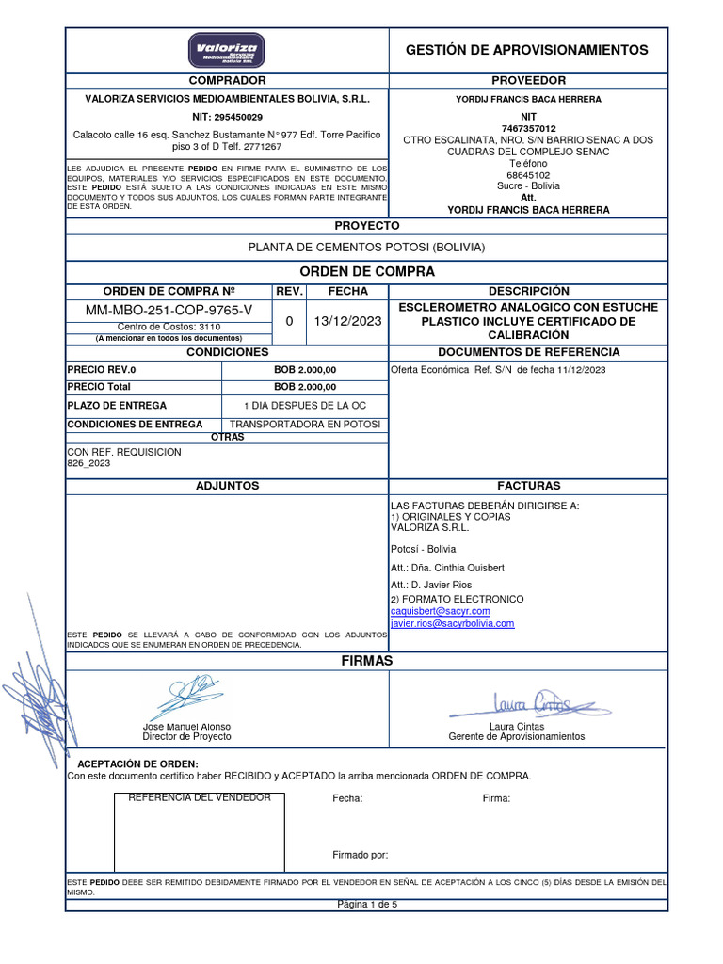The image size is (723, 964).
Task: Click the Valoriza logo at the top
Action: (x=227, y=50)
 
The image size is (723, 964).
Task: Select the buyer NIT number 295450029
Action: (x=227, y=117)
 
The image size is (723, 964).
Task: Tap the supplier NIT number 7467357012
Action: (x=528, y=128)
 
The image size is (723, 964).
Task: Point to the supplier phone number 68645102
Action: (x=528, y=175)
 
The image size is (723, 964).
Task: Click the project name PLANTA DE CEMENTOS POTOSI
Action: (x=366, y=248)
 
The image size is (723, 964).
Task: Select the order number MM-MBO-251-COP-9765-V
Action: (x=169, y=310)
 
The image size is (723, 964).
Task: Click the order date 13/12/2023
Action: (x=348, y=321)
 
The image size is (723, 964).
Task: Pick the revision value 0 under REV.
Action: (x=289, y=321)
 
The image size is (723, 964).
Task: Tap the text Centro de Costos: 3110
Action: (x=169, y=326)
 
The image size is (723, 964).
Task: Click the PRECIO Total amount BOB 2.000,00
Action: (x=304, y=387)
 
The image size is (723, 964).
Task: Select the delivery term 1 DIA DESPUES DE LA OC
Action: (x=304, y=406)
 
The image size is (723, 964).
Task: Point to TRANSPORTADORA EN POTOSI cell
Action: (x=304, y=425)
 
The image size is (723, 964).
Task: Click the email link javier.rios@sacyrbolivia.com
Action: (x=452, y=623)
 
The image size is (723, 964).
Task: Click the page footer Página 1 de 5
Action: (x=366, y=905)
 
